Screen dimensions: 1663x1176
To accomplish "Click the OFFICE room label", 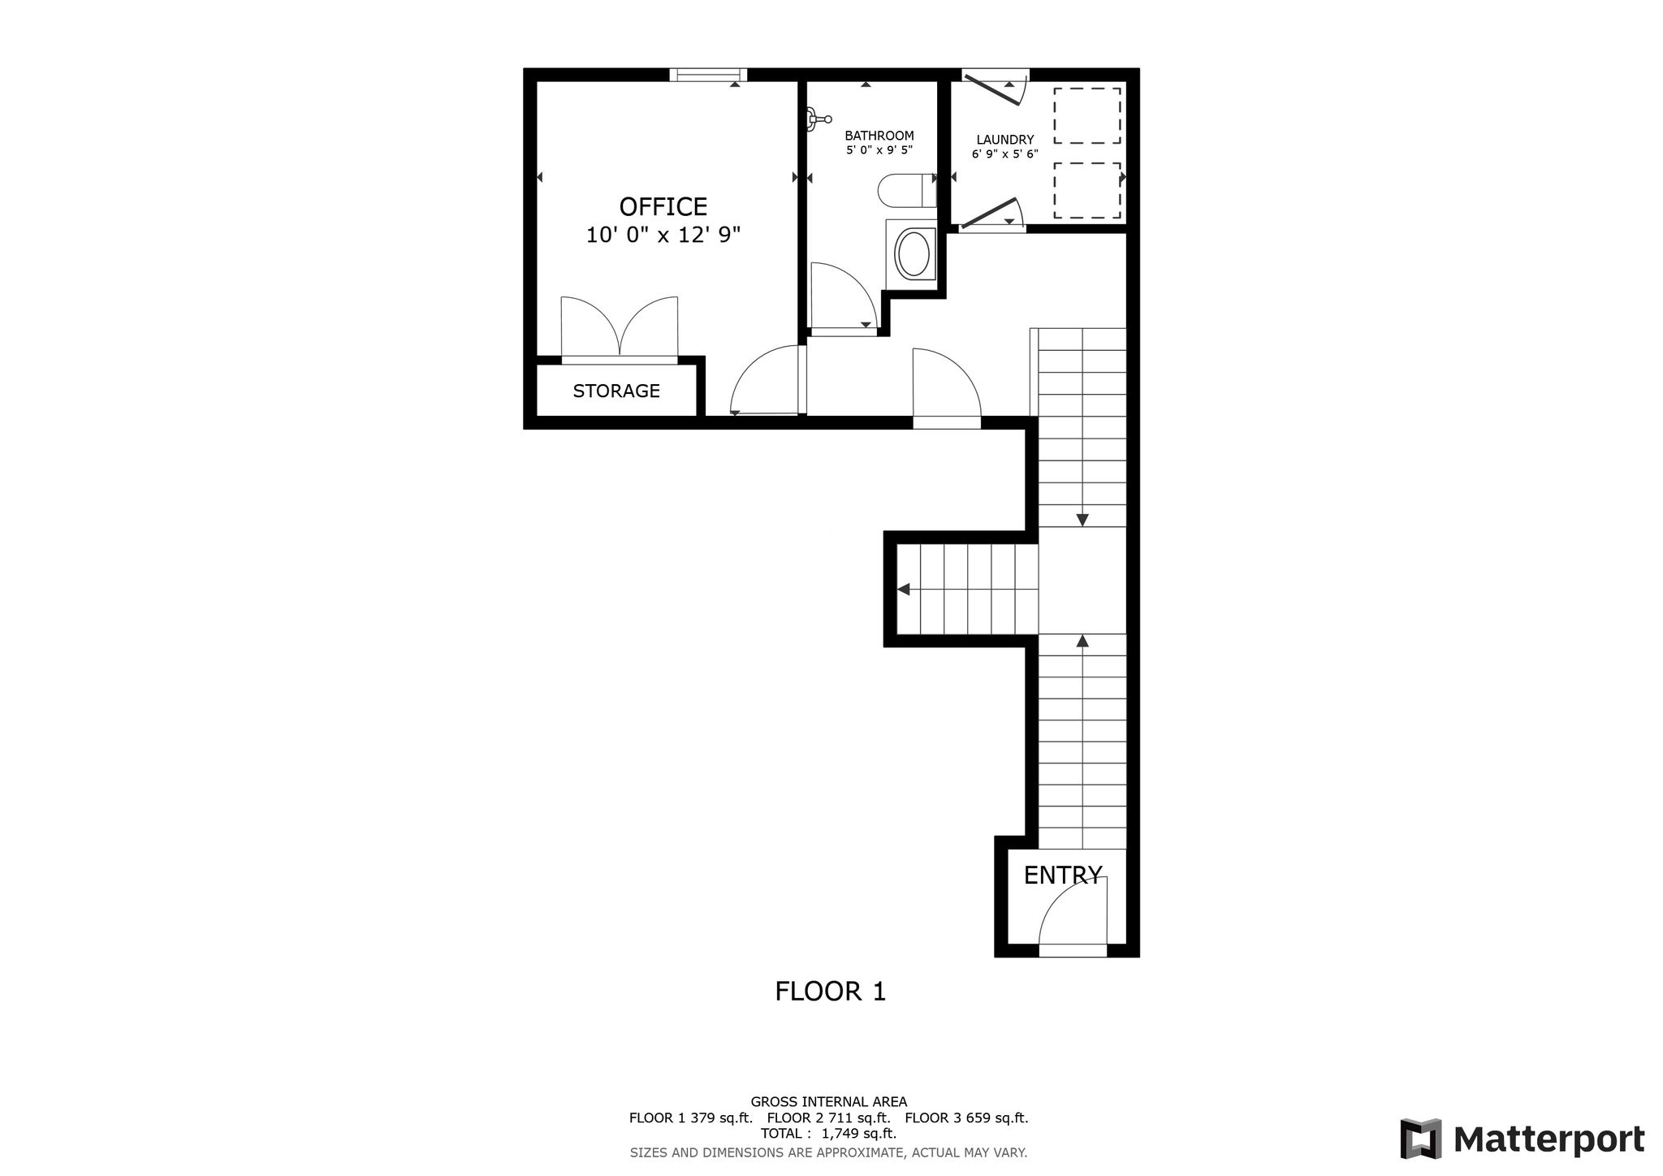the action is click(x=663, y=206).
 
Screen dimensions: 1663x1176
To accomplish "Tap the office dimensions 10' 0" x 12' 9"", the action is click(x=663, y=236).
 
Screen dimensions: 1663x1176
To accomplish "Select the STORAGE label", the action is click(x=616, y=391).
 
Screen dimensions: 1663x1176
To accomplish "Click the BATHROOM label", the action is click(x=879, y=136).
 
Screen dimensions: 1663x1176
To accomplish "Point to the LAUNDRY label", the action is click(x=1005, y=140).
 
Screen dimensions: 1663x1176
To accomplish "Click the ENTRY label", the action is click(x=1063, y=875).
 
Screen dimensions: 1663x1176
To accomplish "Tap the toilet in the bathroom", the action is click(x=907, y=191).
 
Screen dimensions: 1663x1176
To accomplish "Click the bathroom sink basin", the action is click(x=914, y=254).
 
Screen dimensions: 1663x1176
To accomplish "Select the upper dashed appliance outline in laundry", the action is click(x=1087, y=116).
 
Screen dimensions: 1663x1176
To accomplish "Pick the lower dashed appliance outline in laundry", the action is click(x=1087, y=191).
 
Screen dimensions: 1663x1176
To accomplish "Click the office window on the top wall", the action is click(x=708, y=75).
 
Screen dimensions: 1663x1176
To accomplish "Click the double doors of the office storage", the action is click(x=620, y=326).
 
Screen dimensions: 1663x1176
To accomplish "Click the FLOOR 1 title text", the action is click(x=831, y=992).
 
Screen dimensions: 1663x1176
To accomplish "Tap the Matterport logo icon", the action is click(x=1420, y=1139).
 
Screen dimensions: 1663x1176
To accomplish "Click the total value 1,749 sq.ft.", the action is click(x=859, y=1134).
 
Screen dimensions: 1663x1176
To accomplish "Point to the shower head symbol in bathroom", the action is click(x=817, y=119).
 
